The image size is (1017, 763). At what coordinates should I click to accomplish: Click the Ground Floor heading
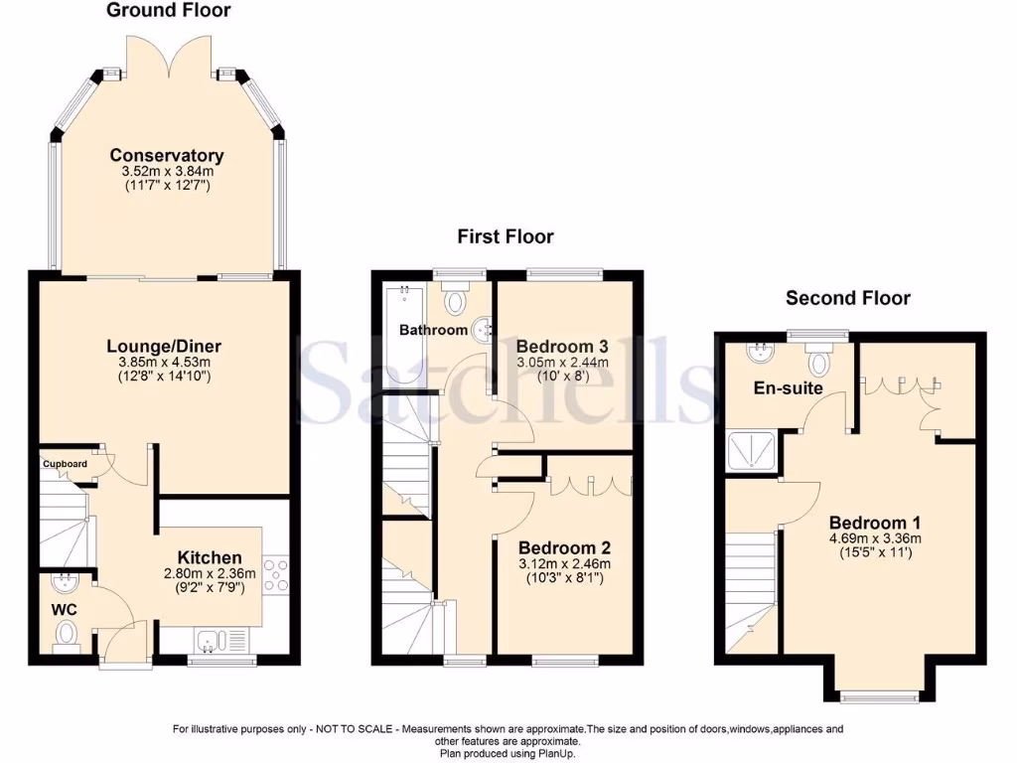pyautogui.click(x=168, y=11)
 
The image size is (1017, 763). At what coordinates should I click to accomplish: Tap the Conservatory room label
pyautogui.click(x=167, y=155)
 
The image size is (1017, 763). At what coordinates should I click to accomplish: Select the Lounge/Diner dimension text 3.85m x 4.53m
pyautogui.click(x=164, y=363)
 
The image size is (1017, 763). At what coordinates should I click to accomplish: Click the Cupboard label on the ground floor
pyautogui.click(x=65, y=463)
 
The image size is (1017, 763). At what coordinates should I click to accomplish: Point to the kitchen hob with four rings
pyautogui.click(x=276, y=576)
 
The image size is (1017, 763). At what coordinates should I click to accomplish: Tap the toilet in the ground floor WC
pyautogui.click(x=68, y=633)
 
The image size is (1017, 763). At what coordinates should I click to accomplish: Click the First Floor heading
pyautogui.click(x=505, y=236)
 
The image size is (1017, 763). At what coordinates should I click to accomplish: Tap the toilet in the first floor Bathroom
pyautogui.click(x=457, y=299)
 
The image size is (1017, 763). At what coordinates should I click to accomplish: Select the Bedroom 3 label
pyautogui.click(x=562, y=346)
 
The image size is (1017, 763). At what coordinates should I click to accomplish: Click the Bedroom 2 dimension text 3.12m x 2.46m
pyautogui.click(x=564, y=563)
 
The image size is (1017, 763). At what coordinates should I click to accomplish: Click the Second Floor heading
pyautogui.click(x=847, y=298)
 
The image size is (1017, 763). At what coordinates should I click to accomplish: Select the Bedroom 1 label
pyautogui.click(x=868, y=524)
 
